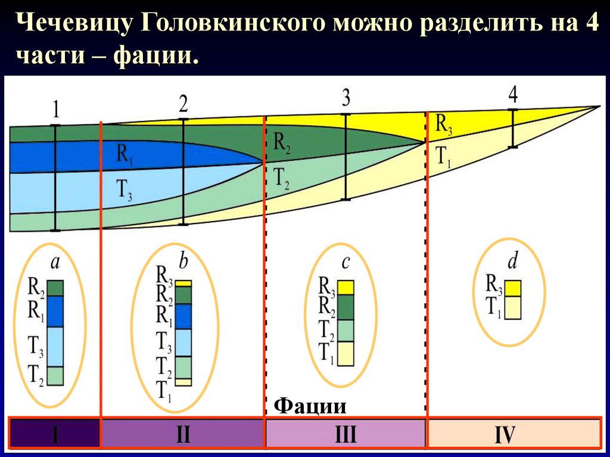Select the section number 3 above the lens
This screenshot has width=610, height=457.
point(346,97)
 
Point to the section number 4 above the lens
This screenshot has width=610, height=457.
point(513,94)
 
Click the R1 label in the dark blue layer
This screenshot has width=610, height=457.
point(125,156)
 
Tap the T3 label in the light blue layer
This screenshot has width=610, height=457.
point(123,189)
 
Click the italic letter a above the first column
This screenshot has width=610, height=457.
point(55,262)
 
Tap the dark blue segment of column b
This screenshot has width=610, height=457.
point(183,316)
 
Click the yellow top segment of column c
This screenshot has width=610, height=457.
point(346,287)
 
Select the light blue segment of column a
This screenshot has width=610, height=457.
point(55,346)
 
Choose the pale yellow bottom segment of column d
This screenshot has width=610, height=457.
point(513,307)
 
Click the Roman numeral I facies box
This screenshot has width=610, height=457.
point(55,434)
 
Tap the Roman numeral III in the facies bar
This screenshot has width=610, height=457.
point(345,434)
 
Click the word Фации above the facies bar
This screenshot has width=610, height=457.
point(310,406)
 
